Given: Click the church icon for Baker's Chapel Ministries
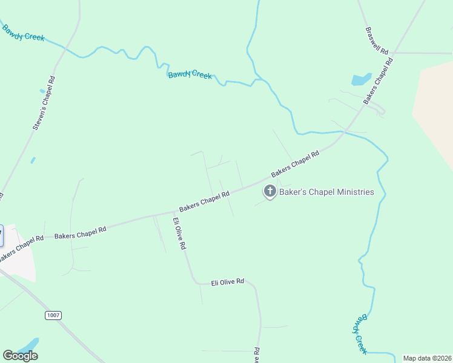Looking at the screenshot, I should (269, 192).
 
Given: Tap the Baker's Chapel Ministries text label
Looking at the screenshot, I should (326, 192).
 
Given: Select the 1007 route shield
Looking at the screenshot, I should (53, 315).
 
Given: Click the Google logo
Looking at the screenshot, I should (20, 356).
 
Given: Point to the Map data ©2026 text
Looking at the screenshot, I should (427, 358).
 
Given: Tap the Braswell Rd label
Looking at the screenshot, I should (377, 41).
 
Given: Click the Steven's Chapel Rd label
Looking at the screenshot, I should (44, 103).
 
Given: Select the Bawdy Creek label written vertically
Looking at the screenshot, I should (361, 333).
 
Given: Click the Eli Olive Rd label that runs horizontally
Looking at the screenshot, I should (227, 282).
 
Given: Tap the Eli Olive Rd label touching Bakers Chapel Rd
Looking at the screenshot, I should (179, 234).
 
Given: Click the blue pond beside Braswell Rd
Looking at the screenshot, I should (361, 79).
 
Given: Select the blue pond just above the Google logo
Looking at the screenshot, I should (27, 344).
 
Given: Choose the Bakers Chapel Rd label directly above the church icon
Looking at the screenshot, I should (295, 164).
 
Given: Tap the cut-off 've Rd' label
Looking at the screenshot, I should (257, 355).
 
